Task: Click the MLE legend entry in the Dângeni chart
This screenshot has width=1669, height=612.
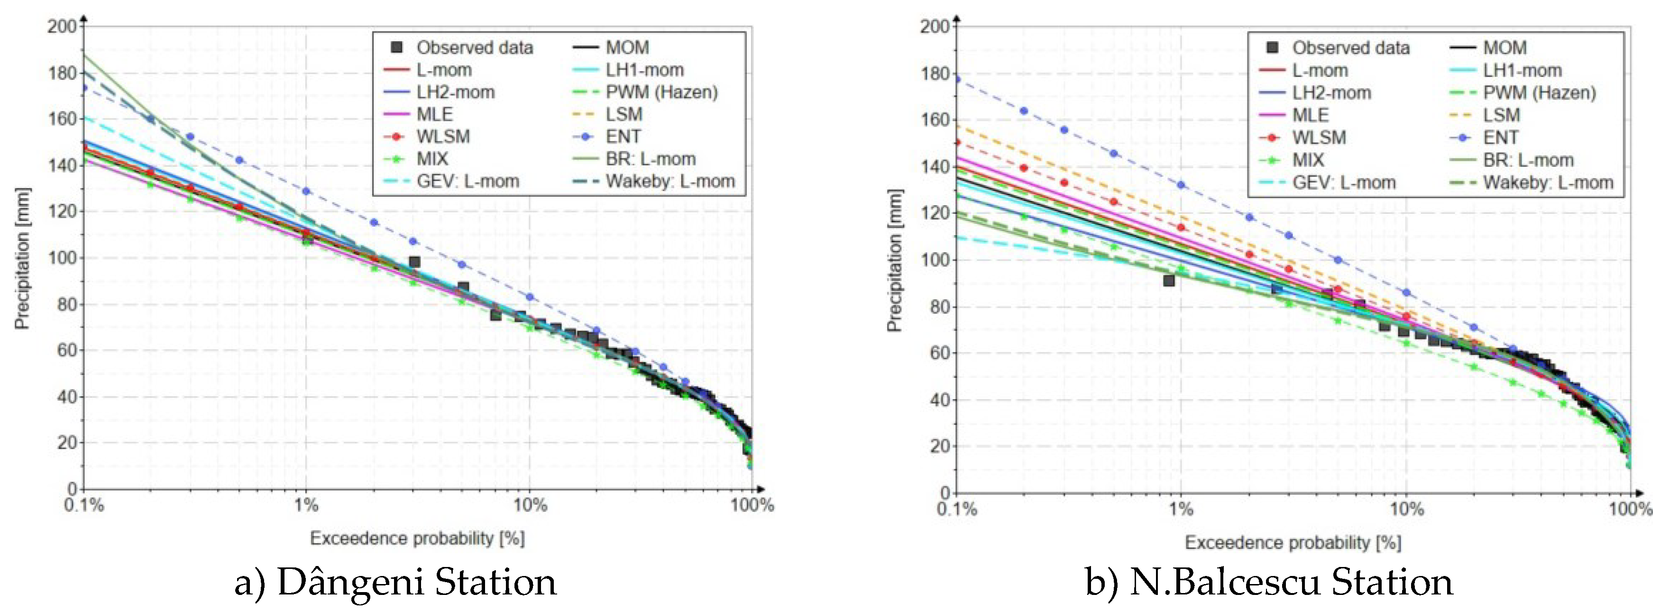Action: click(434, 115)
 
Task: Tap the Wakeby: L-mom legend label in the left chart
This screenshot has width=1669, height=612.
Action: click(670, 182)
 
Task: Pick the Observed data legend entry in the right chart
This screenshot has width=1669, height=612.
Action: click(1350, 48)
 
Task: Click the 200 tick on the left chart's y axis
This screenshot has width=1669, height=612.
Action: click(62, 27)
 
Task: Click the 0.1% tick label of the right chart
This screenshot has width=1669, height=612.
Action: click(956, 509)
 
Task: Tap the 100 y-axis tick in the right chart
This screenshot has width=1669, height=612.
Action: click(935, 260)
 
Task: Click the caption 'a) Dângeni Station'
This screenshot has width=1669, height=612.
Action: click(395, 582)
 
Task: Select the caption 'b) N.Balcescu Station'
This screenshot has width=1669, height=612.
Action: click(1269, 582)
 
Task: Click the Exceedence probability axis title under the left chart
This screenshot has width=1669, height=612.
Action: click(417, 538)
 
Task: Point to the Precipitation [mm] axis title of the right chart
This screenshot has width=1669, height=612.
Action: click(895, 260)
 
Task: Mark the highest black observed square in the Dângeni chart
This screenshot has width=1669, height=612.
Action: click(414, 262)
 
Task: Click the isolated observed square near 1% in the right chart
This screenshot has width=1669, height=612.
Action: click(1169, 281)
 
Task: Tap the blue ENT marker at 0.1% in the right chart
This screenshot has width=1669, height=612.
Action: click(957, 79)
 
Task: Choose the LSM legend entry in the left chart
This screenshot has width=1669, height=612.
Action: click(624, 115)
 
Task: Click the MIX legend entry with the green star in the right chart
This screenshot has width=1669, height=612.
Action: click(1308, 160)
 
